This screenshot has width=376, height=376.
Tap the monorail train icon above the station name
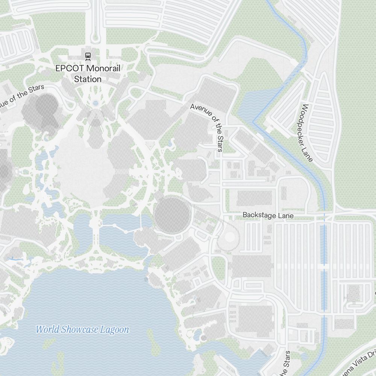[x=88, y=56]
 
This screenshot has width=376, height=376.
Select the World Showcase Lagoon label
[x=82, y=330]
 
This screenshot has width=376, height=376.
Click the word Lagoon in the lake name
[x=114, y=330]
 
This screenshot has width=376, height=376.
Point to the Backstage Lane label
[x=268, y=215]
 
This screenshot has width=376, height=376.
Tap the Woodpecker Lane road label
[x=307, y=133]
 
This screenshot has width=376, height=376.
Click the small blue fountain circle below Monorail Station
[x=95, y=103]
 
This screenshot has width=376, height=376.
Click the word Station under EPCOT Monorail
[x=88, y=79]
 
